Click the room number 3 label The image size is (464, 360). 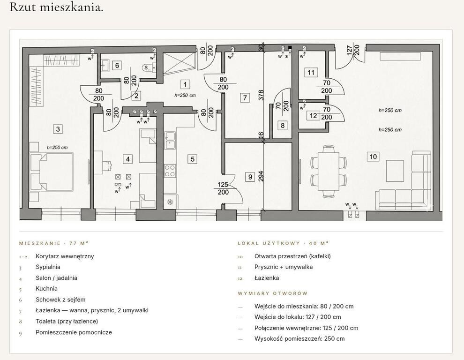pos(58,129)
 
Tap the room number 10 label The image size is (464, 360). pos(373,157)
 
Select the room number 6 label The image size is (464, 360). pos(117,66)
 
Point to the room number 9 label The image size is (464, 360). pos(250,177)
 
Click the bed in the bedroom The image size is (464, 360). pos(51,172)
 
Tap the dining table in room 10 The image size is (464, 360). pos(329,172)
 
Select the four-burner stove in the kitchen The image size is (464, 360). pos(170,171)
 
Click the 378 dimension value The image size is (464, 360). pos(261,95)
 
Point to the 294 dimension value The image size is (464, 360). pos(261,176)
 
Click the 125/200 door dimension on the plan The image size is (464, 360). pos(223,188)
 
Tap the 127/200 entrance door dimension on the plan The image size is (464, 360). pos(353,50)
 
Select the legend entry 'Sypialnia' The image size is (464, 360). pos(48,267)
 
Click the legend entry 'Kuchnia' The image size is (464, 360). pos(47,289)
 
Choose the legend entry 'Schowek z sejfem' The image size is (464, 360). pos(60,300)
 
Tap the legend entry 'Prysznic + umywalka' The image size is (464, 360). pos(284,267)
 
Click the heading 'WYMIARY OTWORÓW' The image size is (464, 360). pos(273,293)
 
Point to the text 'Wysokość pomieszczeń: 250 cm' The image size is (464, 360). pos(299,339)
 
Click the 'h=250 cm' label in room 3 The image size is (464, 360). pos(57,148)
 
